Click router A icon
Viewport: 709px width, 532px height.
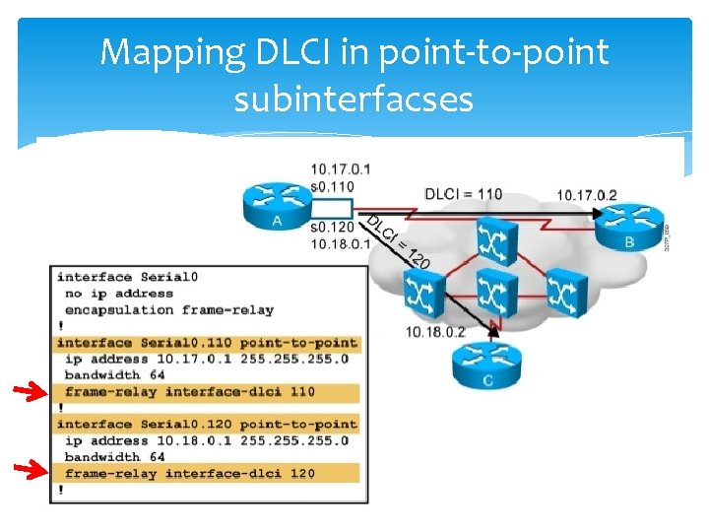tap(275, 205)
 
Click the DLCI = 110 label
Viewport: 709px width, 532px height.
tap(463, 194)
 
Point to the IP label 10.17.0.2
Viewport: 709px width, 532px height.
tap(586, 195)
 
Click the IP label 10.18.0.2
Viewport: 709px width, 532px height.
tap(436, 332)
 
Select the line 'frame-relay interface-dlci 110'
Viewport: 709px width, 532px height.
tap(190, 391)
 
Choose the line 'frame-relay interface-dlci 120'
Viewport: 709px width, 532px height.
tap(190, 473)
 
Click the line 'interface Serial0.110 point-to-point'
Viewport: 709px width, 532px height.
tap(207, 343)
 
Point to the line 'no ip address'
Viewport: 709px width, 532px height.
tap(118, 294)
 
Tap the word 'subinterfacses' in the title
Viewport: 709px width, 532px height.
tap(354, 99)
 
